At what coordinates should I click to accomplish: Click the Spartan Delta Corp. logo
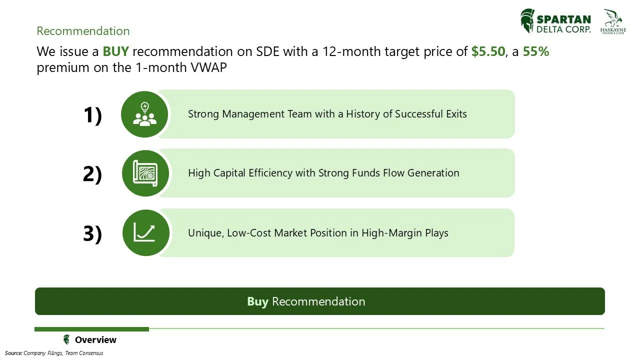coord(555,21)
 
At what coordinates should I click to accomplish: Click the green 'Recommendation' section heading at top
coord(83,31)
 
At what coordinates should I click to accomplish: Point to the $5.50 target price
coord(488,51)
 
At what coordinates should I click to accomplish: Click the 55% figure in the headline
coord(535,51)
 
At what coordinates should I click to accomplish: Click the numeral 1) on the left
coord(92,115)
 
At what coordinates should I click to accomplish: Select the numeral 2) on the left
coord(92,174)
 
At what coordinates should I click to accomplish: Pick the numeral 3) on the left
coord(92,233)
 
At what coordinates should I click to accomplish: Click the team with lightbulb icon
coord(145,114)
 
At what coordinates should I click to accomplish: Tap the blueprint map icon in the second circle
coord(145,173)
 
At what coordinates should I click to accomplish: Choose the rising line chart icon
coord(145,232)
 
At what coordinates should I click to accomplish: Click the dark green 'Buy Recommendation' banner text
coord(306,301)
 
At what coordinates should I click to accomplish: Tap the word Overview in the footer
coord(95,340)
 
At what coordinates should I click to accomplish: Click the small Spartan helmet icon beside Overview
coord(66,340)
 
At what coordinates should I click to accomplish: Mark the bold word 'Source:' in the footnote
coord(13,353)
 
